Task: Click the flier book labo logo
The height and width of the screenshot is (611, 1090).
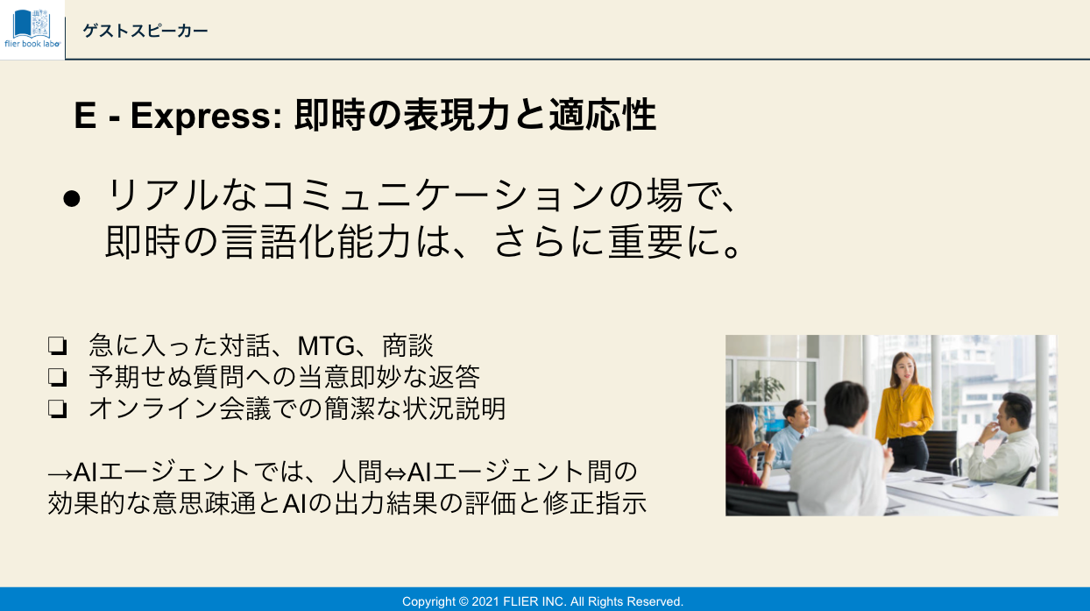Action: tap(32, 29)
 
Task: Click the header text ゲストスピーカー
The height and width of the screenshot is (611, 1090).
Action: tap(145, 32)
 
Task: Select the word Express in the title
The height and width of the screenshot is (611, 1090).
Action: tap(200, 117)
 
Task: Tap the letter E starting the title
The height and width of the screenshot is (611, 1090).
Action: tap(85, 116)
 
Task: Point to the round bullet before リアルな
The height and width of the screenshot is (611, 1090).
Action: tap(72, 199)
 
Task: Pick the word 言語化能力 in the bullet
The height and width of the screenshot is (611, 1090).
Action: tap(317, 242)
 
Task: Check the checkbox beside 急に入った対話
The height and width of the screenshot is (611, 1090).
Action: tap(58, 346)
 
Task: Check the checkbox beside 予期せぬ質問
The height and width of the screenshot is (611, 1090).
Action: tap(58, 377)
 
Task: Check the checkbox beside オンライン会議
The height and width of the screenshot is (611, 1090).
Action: tap(58, 409)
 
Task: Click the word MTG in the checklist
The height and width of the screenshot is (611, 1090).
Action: tap(326, 346)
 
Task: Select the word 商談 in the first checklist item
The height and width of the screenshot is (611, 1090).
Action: tap(407, 346)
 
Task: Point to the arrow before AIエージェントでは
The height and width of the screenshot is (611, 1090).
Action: tap(60, 473)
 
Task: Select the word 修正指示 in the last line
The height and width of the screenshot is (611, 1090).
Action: tap(595, 503)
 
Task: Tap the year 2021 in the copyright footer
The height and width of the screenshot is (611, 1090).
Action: tap(485, 601)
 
